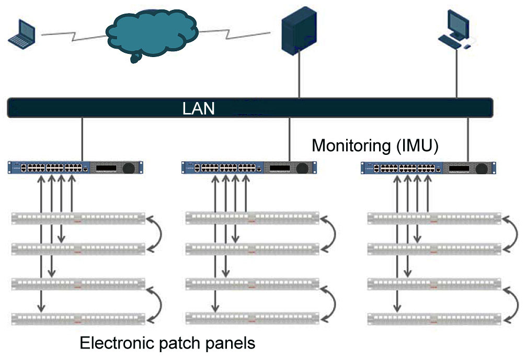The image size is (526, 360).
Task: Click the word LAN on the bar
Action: pyautogui.click(x=199, y=108)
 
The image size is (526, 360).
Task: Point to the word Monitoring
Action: pyautogui.click(x=350, y=145)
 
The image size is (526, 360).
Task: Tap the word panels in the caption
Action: pyautogui.click(x=230, y=343)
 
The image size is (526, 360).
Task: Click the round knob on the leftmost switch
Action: pyautogui.click(x=129, y=168)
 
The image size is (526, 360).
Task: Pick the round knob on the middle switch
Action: pyautogui.click(x=302, y=168)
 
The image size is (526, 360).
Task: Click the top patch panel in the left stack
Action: pyautogui.click(x=78, y=218)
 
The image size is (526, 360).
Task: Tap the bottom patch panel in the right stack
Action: pyautogui.click(x=433, y=318)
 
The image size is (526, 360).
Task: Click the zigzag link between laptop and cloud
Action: pyautogui.click(x=73, y=36)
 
